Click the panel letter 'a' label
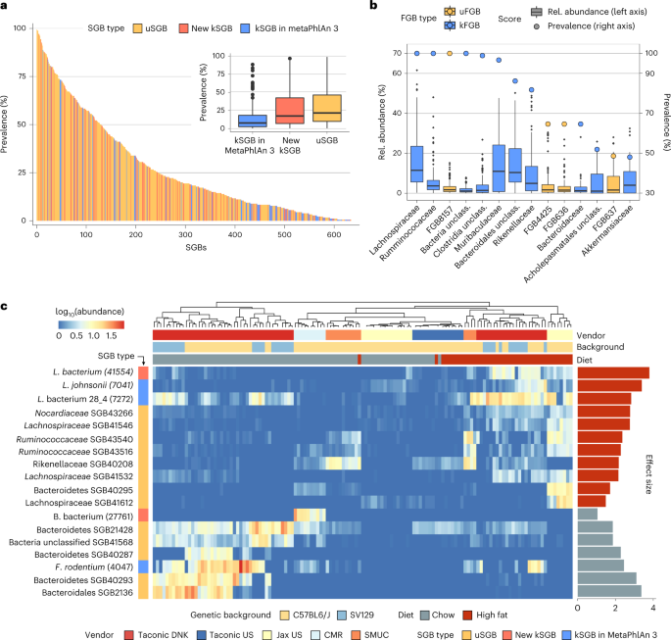(x=7, y=9)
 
